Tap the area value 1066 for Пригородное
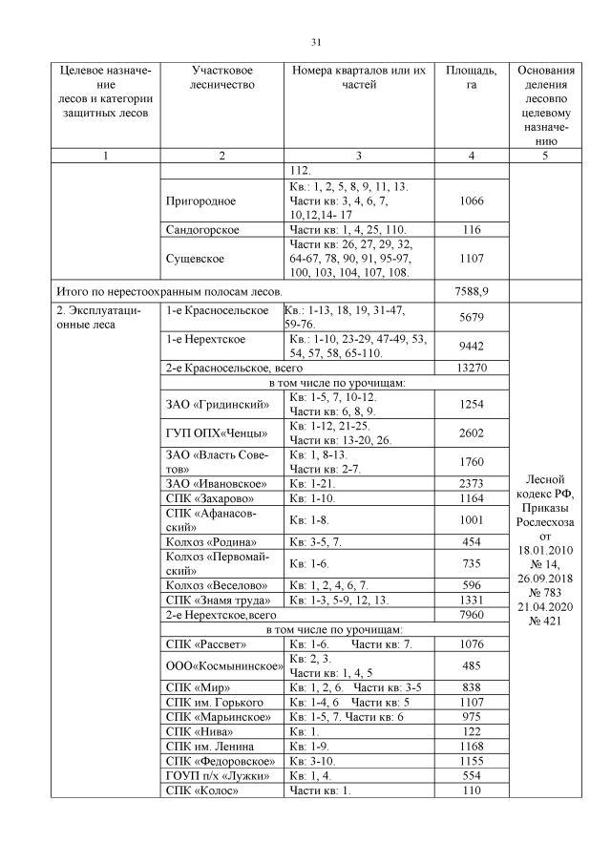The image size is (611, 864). [x=471, y=201]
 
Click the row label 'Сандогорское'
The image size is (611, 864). [x=202, y=231]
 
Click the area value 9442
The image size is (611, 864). [x=471, y=348]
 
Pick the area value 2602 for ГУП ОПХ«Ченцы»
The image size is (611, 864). [x=471, y=433]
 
